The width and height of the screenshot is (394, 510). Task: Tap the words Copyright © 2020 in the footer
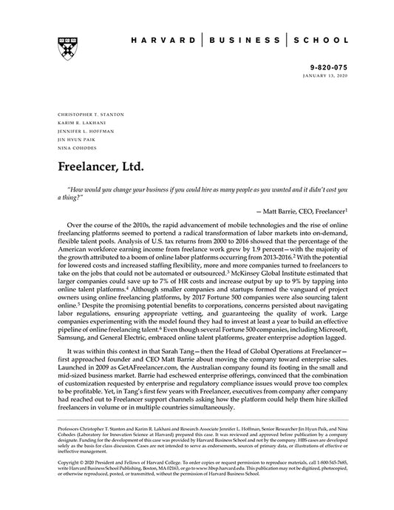(x=78, y=483)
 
